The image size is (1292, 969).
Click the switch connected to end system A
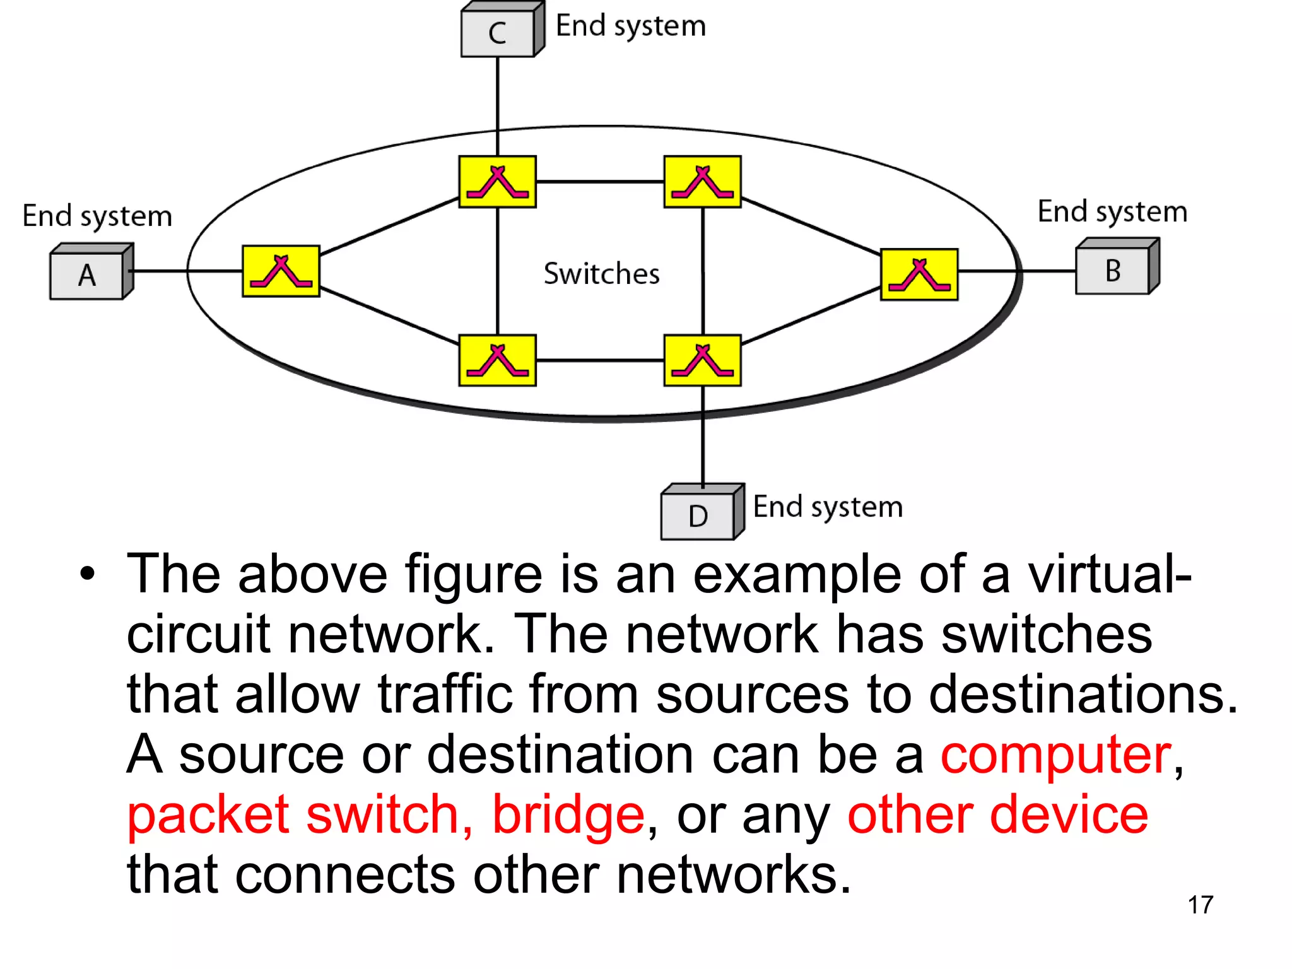(x=281, y=271)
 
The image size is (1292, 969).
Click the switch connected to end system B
(x=919, y=274)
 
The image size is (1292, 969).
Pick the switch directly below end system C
(x=498, y=182)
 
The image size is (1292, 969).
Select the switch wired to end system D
(x=702, y=360)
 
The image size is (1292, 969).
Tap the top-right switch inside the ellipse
(x=702, y=182)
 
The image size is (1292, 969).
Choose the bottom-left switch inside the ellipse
(x=498, y=360)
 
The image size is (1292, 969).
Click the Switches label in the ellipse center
(x=601, y=274)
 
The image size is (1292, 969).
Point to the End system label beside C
(x=630, y=26)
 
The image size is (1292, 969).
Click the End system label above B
(x=1112, y=212)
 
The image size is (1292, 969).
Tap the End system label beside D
(x=828, y=507)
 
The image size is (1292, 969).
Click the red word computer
(x=1056, y=755)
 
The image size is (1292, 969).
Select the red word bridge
(x=568, y=815)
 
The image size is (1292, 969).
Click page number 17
(x=1200, y=905)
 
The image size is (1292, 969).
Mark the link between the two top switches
(x=600, y=182)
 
